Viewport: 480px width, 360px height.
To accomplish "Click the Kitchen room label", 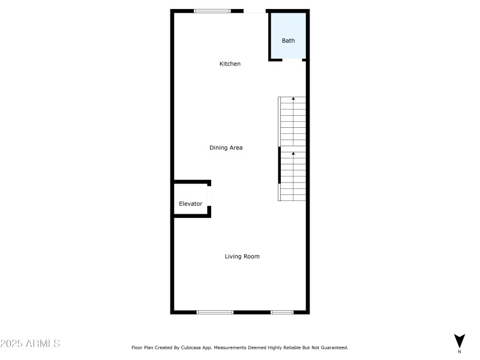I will (230, 64).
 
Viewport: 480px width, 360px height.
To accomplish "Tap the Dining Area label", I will (226, 148).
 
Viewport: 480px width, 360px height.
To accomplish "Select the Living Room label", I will (242, 256).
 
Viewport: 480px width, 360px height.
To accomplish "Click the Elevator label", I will (191, 204).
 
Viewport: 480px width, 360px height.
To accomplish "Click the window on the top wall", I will (212, 11).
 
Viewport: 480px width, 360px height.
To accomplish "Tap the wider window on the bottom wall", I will (215, 312).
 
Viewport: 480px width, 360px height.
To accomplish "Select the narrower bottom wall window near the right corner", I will (281, 312).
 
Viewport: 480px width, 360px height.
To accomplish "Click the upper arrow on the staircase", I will (293, 98).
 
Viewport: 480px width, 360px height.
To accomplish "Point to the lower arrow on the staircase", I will (293, 154).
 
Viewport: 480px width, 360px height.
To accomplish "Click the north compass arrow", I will (459, 340).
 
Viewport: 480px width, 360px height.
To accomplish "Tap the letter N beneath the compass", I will (459, 352).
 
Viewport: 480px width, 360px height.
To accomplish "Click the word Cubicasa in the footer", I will (197, 347).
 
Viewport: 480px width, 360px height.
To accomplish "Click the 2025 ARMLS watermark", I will (30, 344).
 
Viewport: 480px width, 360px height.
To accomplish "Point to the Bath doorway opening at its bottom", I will (292, 59).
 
